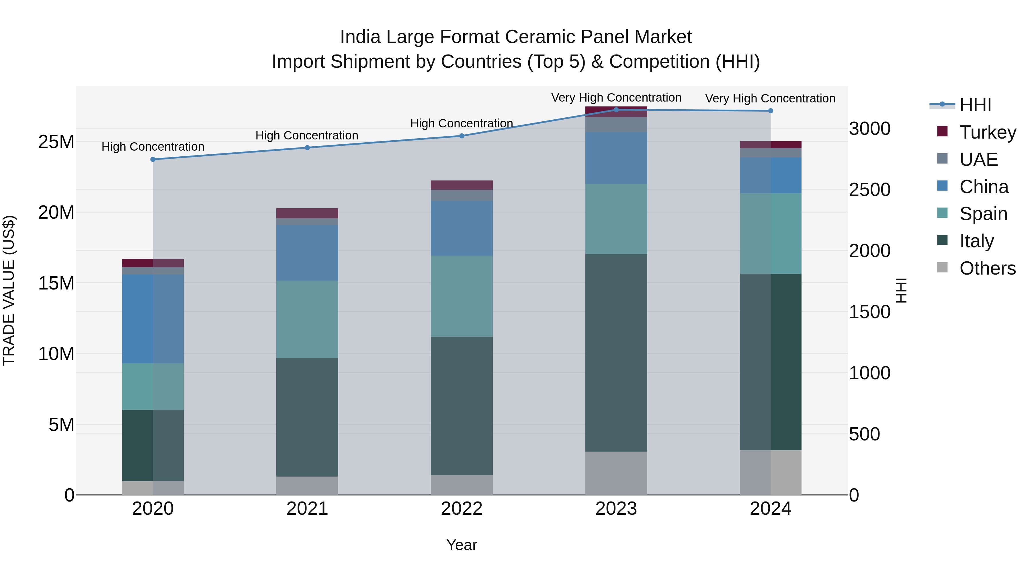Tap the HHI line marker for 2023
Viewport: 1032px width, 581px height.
616,110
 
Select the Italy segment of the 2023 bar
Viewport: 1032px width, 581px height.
616,353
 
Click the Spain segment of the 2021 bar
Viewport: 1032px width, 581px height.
307,319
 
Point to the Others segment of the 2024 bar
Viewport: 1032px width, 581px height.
770,472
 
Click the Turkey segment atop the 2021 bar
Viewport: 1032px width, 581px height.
307,213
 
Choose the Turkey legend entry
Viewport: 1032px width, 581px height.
988,132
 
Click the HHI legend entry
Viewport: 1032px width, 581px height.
975,105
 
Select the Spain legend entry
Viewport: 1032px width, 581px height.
983,214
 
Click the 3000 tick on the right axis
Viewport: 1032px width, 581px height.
870,129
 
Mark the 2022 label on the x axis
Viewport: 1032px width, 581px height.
462,509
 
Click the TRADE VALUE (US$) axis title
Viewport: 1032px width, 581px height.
9,290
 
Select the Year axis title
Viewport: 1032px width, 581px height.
462,545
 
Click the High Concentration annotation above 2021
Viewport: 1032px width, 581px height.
307,135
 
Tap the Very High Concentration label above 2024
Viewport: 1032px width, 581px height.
770,98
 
